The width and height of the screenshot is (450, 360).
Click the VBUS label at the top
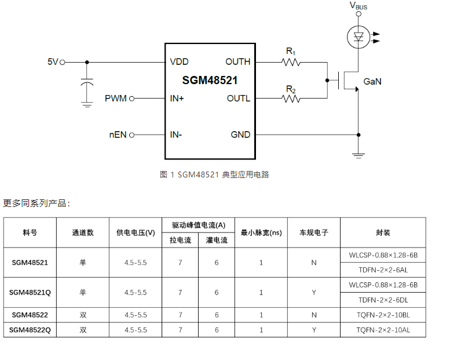[358, 6]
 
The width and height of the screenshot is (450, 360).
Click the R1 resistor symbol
[291, 61]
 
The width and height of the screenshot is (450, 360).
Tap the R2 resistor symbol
[291, 99]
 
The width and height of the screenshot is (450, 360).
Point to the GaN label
[372, 82]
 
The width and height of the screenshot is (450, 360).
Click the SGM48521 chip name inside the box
[210, 81]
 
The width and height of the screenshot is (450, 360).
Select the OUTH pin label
[238, 62]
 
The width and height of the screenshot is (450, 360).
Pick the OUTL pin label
[239, 99]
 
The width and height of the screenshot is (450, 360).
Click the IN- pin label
[176, 135]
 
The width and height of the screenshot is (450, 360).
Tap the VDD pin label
[179, 62]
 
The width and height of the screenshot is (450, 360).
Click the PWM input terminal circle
[132, 99]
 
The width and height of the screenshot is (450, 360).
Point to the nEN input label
[118, 135]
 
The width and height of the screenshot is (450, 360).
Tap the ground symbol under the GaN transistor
[358, 155]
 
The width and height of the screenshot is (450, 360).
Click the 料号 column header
[30, 232]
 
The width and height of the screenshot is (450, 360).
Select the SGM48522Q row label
[30, 330]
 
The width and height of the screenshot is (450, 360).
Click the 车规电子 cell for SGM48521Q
[313, 292]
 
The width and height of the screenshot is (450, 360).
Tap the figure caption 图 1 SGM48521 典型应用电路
[214, 174]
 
